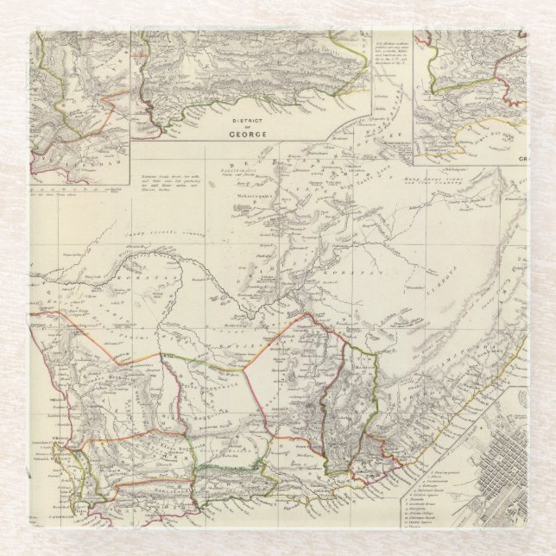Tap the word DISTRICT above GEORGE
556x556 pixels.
247,118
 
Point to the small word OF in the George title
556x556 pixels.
247,126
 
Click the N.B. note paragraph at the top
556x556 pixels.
394,52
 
